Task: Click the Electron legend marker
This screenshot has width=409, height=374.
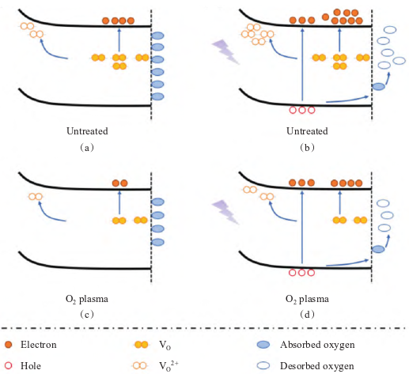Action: (x=9, y=345)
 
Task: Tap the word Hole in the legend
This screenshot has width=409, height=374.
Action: (x=31, y=366)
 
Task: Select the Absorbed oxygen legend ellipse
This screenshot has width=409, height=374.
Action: (x=263, y=345)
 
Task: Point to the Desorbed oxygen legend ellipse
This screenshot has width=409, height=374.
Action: (x=263, y=365)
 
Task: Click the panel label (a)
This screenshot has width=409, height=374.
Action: (x=87, y=148)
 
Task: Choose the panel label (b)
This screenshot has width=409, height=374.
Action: (x=307, y=148)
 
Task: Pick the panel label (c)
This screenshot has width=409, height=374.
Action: (x=87, y=314)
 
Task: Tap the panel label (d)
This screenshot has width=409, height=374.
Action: (x=307, y=314)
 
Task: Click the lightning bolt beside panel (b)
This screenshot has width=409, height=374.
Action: (x=225, y=51)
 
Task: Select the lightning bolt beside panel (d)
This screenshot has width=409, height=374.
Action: (x=225, y=212)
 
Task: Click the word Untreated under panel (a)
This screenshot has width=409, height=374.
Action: (x=87, y=131)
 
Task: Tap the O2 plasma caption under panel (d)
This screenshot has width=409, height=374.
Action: (x=307, y=299)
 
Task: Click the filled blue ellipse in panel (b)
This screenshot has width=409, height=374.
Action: (x=378, y=86)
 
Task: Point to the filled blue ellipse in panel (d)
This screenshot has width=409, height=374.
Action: (x=378, y=249)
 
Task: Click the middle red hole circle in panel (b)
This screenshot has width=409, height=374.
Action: (x=302, y=110)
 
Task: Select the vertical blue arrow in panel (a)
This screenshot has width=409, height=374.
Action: (x=119, y=40)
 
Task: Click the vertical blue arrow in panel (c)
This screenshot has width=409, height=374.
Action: (x=119, y=202)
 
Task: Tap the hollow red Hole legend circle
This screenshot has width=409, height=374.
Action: (x=9, y=366)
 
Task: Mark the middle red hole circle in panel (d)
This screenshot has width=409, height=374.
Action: (x=302, y=273)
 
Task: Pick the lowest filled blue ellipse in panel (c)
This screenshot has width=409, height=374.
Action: (x=157, y=242)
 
